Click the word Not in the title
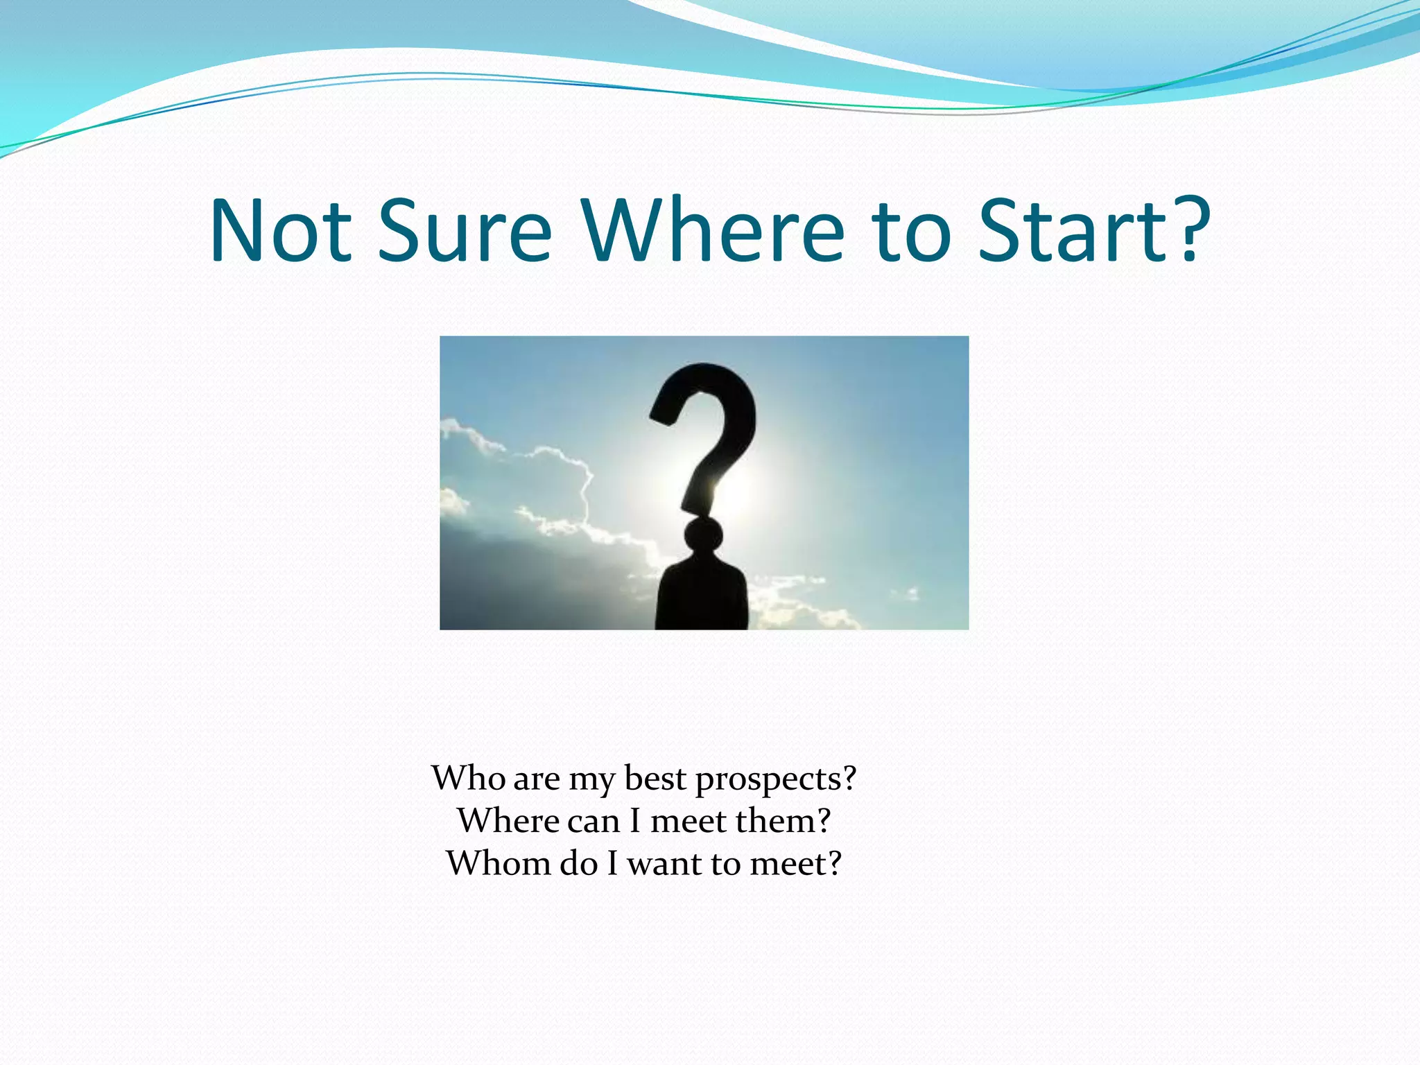pos(280,231)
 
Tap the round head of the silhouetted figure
pos(704,536)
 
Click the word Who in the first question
pos(469,778)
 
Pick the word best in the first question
pos(655,778)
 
